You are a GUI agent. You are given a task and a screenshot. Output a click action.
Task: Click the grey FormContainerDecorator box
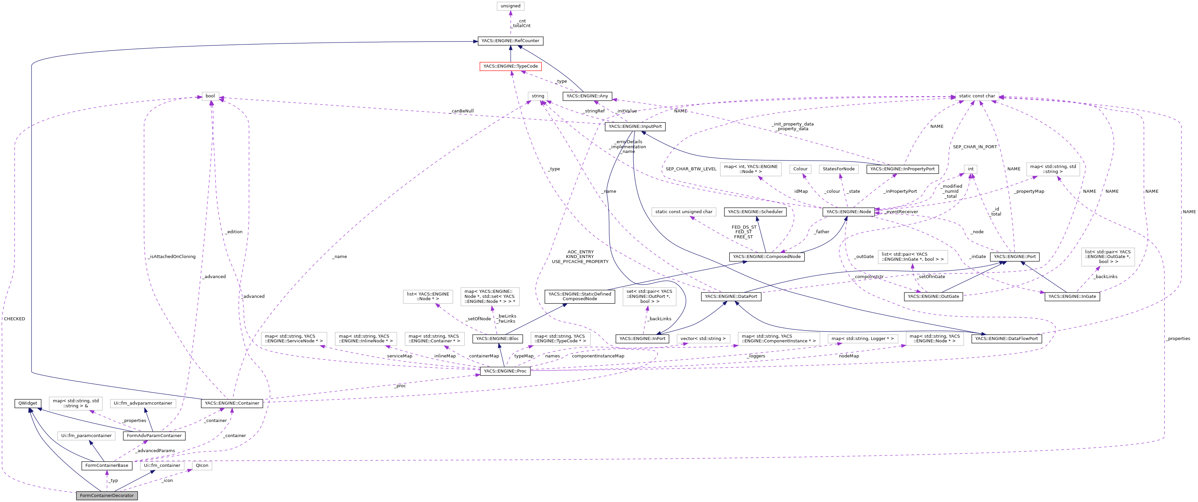pyautogui.click(x=107, y=496)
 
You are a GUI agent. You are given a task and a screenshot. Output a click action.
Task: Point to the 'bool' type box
pyautogui.click(x=210, y=96)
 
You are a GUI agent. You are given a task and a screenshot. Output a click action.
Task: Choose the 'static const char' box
pyautogui.click(x=977, y=96)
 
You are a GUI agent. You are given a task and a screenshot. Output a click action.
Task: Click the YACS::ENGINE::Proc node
pyautogui.click(x=505, y=371)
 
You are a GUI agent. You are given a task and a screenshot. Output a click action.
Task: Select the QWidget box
pyautogui.click(x=28, y=404)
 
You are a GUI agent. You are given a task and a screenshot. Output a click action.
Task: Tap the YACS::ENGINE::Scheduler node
pyautogui.click(x=755, y=212)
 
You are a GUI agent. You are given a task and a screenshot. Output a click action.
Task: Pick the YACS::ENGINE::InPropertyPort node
pyautogui.click(x=902, y=169)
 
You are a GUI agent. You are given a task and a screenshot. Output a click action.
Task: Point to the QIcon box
pyautogui.click(x=202, y=465)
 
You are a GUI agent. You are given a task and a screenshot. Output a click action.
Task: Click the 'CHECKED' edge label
pyautogui.click(x=14, y=319)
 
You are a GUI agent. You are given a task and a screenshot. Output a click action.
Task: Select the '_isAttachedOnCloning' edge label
pyautogui.click(x=172, y=257)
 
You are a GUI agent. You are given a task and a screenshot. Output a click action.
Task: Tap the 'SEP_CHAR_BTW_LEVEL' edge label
pyautogui.click(x=691, y=169)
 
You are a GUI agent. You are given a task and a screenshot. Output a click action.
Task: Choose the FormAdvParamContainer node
pyautogui.click(x=154, y=436)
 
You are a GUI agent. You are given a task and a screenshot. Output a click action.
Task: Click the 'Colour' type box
pyautogui.click(x=800, y=169)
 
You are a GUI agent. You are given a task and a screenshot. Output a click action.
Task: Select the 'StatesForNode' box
pyautogui.click(x=839, y=169)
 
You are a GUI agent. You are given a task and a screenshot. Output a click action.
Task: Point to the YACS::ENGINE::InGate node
pyautogui.click(x=1072, y=297)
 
